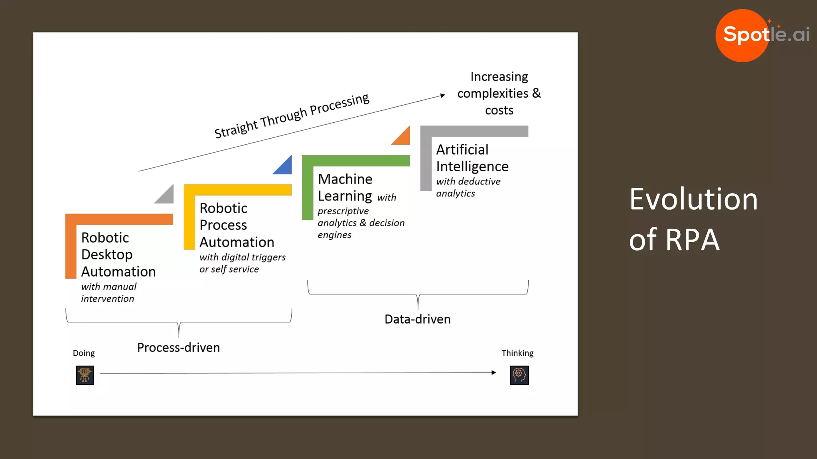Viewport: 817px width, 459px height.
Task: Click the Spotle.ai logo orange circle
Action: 742,36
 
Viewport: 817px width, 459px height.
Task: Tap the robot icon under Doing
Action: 85,375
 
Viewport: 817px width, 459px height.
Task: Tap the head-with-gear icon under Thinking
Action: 519,375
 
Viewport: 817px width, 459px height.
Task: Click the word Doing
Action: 84,353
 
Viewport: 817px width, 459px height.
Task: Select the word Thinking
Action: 517,353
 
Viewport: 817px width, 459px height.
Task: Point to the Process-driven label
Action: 178,347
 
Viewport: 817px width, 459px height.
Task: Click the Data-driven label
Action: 417,319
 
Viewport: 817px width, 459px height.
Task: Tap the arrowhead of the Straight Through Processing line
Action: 442,95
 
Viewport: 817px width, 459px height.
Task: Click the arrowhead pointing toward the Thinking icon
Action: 494,373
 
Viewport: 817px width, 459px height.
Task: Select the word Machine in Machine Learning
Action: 345,179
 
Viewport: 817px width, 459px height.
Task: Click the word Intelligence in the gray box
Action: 472,167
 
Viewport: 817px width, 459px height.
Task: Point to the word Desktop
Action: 107,255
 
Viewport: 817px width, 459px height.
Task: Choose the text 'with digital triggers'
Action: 243,257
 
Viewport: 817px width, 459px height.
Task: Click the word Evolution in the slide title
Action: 693,199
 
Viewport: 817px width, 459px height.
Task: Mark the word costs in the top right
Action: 499,110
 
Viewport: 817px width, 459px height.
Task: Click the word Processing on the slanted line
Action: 339,104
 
